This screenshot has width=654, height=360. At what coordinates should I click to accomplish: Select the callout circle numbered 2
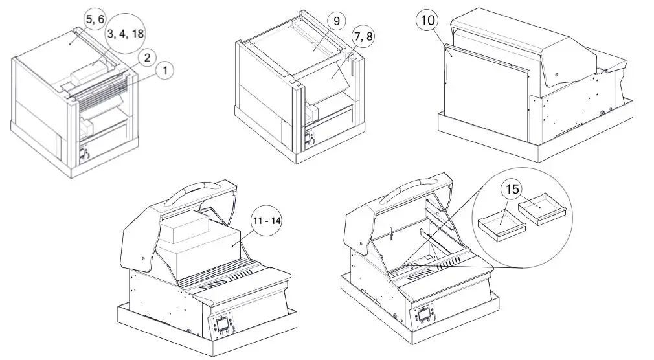[x=147, y=58]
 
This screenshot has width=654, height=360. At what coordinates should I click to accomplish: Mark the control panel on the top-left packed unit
[x=84, y=156]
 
